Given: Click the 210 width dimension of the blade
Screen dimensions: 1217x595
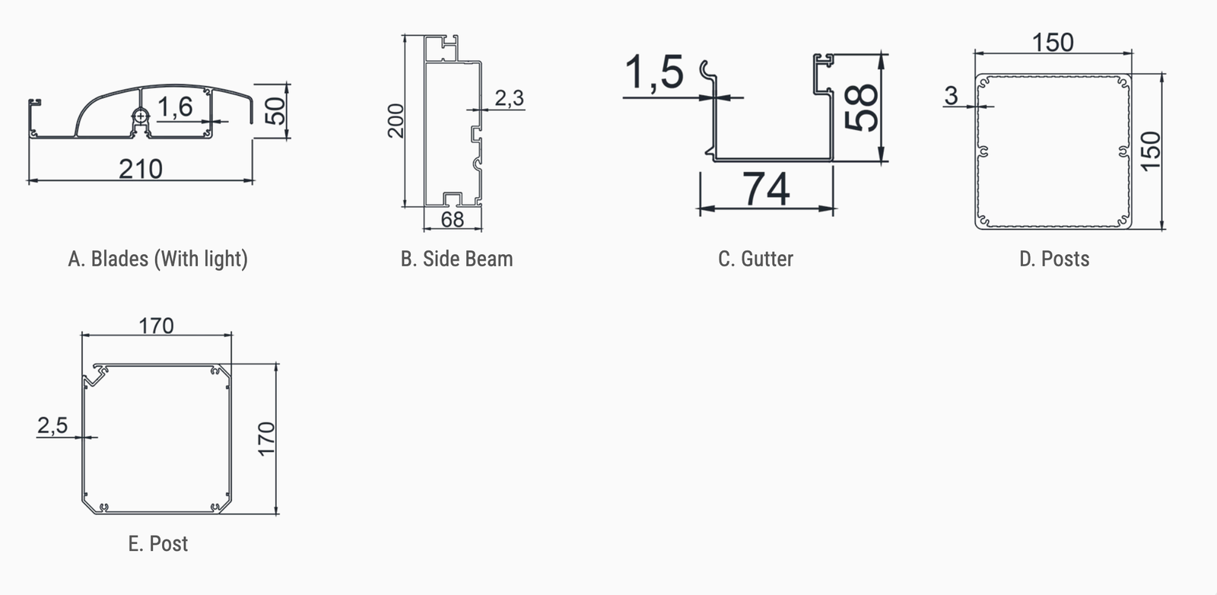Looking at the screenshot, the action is pos(141,169).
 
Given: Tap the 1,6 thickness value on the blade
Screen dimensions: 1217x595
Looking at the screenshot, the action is pos(175,107).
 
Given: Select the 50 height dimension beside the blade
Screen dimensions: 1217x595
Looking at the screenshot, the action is pos(277,111).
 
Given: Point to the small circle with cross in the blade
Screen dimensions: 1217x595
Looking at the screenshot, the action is pos(141,116).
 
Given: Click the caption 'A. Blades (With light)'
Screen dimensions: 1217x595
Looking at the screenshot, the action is pos(158,259).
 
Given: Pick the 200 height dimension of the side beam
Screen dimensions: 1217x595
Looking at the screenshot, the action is pos(396,121).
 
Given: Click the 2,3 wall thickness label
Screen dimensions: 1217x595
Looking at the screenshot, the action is pos(510,98).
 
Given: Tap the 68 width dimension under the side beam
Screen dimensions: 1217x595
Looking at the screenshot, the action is pos(453,220).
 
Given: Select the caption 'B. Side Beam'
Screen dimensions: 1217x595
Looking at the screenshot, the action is pos(456,259).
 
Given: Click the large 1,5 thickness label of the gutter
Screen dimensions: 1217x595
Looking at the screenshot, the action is pos(654,73).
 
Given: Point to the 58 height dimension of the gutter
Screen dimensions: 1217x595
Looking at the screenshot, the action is pos(862,107).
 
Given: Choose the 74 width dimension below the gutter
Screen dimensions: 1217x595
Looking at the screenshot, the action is pos(766,189).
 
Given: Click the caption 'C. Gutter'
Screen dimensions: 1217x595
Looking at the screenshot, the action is pos(756,259).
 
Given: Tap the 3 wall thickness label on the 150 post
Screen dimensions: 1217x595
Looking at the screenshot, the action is pos(952,96).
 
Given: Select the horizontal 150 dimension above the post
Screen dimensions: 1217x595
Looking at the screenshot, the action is pos(1053,43).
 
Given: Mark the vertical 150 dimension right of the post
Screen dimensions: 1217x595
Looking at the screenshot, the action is pos(1150,151).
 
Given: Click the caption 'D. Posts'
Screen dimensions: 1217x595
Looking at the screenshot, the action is pos(1054,259).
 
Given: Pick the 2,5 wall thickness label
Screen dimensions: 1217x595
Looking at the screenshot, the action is pos(52,425).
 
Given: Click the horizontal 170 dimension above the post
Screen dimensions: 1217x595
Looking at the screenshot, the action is pos(157,326).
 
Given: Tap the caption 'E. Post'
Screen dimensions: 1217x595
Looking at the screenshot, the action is pos(158,544).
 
